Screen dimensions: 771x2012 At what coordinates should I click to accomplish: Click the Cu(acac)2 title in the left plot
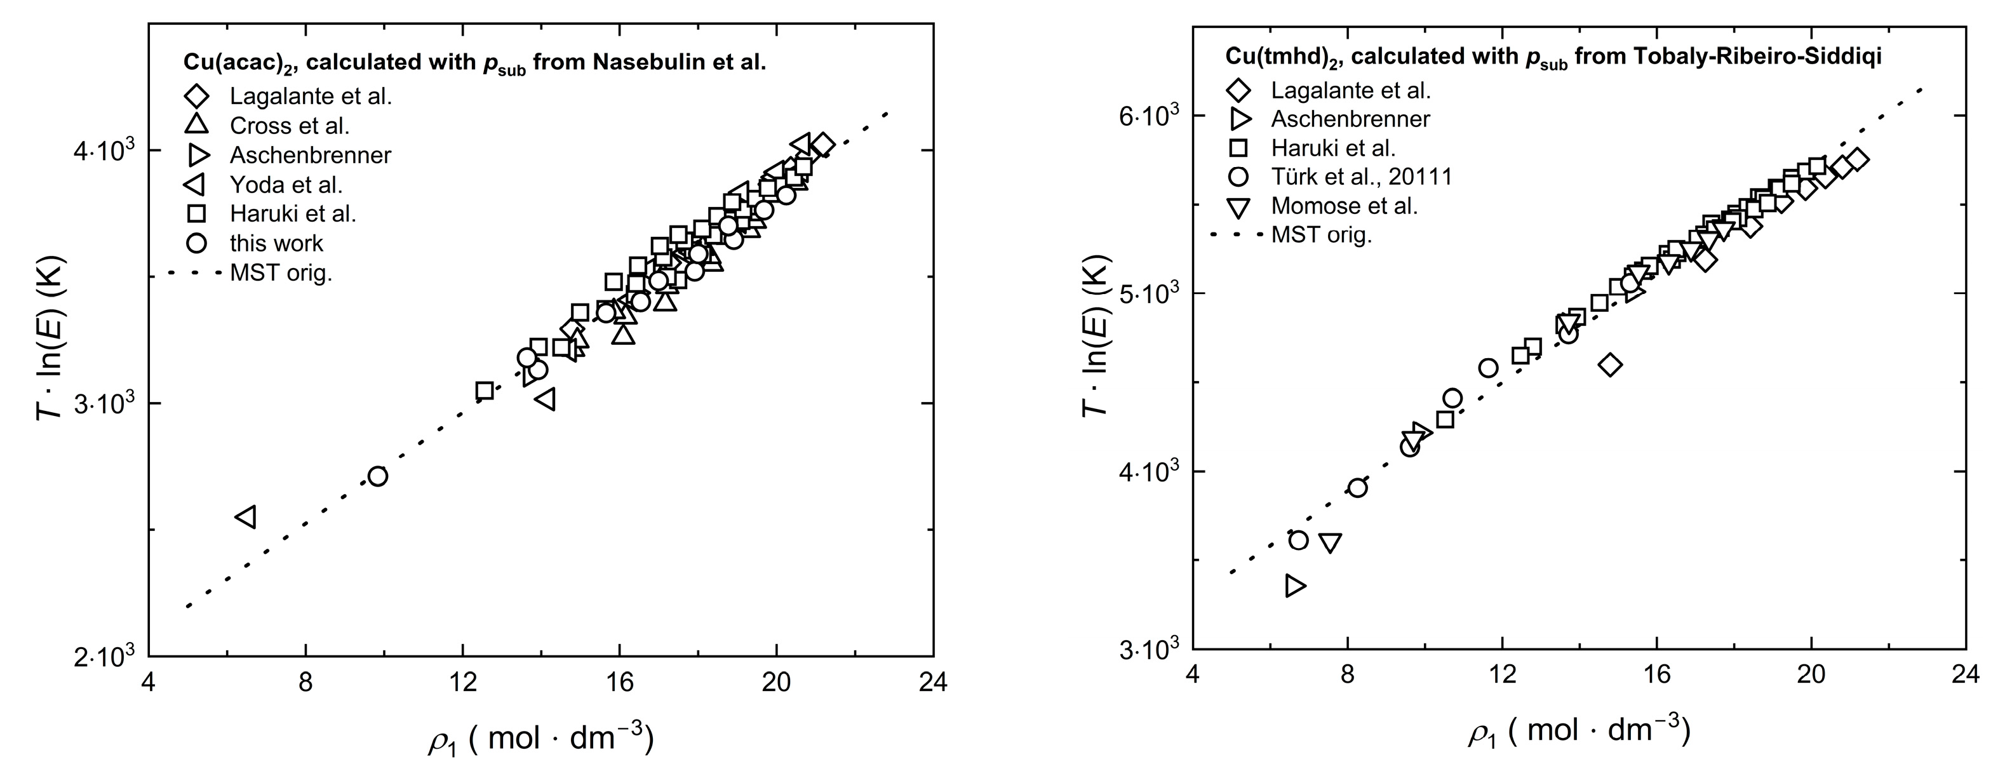[474, 62]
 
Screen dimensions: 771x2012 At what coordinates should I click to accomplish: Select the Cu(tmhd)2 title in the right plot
[1553, 57]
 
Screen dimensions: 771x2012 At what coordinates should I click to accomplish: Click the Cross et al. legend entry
[289, 125]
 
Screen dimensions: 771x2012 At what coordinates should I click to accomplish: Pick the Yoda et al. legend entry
[285, 184]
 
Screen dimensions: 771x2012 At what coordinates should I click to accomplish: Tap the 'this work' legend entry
[276, 243]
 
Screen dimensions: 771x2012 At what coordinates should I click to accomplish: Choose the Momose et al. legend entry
[1343, 205]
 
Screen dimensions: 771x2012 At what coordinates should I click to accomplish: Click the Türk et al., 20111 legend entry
[1360, 177]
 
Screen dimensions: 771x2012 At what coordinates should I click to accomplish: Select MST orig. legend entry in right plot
[1321, 234]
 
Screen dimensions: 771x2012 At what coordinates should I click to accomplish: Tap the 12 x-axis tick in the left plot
[462, 683]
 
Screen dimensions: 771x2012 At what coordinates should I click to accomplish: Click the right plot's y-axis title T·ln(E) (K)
[1096, 335]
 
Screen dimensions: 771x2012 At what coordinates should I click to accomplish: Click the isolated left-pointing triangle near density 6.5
[246, 516]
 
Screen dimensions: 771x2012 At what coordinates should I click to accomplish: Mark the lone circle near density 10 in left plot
[378, 476]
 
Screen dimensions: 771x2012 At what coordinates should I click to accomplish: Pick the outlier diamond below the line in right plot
[1610, 365]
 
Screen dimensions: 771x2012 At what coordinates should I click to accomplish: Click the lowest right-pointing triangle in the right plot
[1295, 585]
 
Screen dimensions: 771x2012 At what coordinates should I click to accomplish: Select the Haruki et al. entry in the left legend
[292, 213]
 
